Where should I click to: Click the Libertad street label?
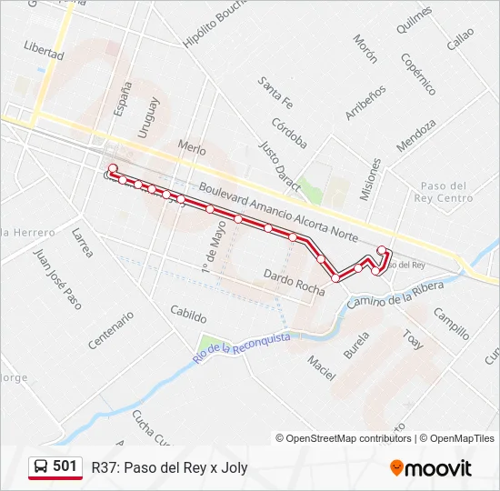45,50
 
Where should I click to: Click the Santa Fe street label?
275,91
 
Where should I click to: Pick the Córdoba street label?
289,133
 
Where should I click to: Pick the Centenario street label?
111,330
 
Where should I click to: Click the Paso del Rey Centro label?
442,192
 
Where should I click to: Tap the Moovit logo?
431,468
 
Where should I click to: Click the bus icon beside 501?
40,466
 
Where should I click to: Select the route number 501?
65,466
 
